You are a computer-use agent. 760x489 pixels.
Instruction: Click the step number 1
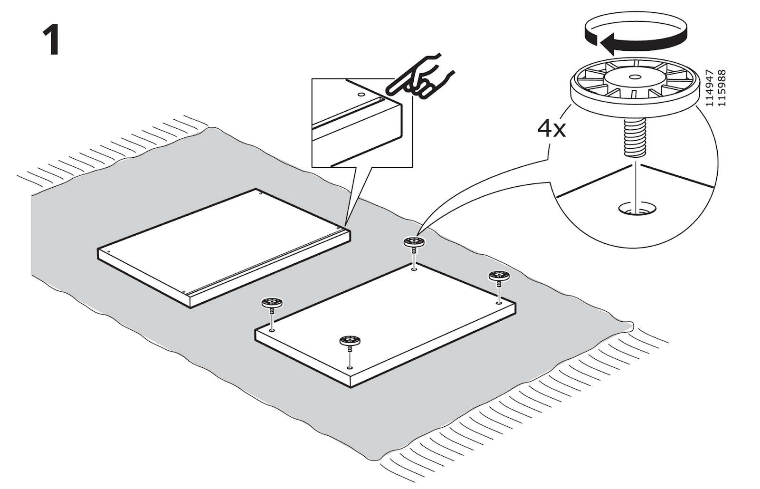[51, 41]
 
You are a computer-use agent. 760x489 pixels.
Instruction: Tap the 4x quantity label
[551, 128]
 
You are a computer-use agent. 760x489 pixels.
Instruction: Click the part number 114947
[709, 88]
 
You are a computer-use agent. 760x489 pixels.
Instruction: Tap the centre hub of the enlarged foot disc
[634, 77]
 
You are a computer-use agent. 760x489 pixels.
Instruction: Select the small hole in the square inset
[362, 95]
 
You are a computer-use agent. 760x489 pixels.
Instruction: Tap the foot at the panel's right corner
[498, 276]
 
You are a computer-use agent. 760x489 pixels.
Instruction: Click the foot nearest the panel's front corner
[350, 340]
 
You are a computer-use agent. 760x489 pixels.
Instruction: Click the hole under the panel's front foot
[350, 367]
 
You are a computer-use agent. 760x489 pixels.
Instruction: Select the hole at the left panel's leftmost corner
[108, 250]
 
